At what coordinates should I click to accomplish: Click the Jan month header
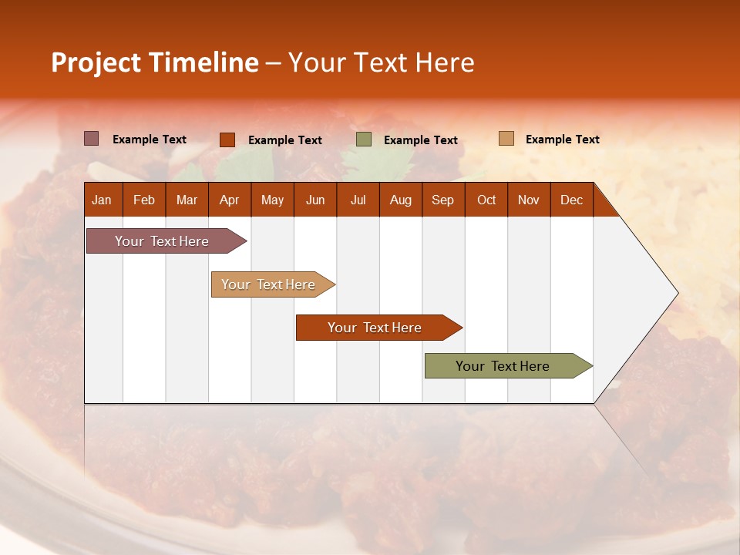(x=102, y=200)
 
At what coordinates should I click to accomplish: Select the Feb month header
(x=144, y=200)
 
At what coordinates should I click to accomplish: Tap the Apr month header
(x=229, y=200)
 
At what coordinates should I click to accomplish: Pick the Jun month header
(x=315, y=200)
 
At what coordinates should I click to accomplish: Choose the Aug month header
(x=400, y=200)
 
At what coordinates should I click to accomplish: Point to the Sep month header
(x=442, y=200)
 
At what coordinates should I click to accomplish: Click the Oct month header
(x=486, y=200)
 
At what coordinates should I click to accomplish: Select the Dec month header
(x=571, y=200)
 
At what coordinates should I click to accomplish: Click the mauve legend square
(x=91, y=139)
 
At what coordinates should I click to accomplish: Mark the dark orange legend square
(x=227, y=140)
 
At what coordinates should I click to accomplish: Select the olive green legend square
(x=364, y=140)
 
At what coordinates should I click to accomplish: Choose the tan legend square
(x=506, y=139)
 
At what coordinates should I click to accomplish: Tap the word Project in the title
(x=96, y=62)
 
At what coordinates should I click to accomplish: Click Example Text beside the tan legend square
(x=562, y=140)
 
